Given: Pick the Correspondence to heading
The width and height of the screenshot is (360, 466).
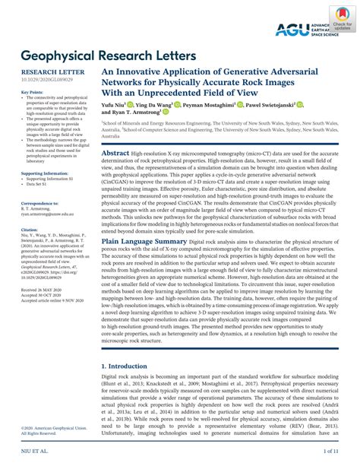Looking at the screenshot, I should pos(39,204).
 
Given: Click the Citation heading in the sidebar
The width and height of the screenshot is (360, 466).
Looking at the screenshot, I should pos(29,227).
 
